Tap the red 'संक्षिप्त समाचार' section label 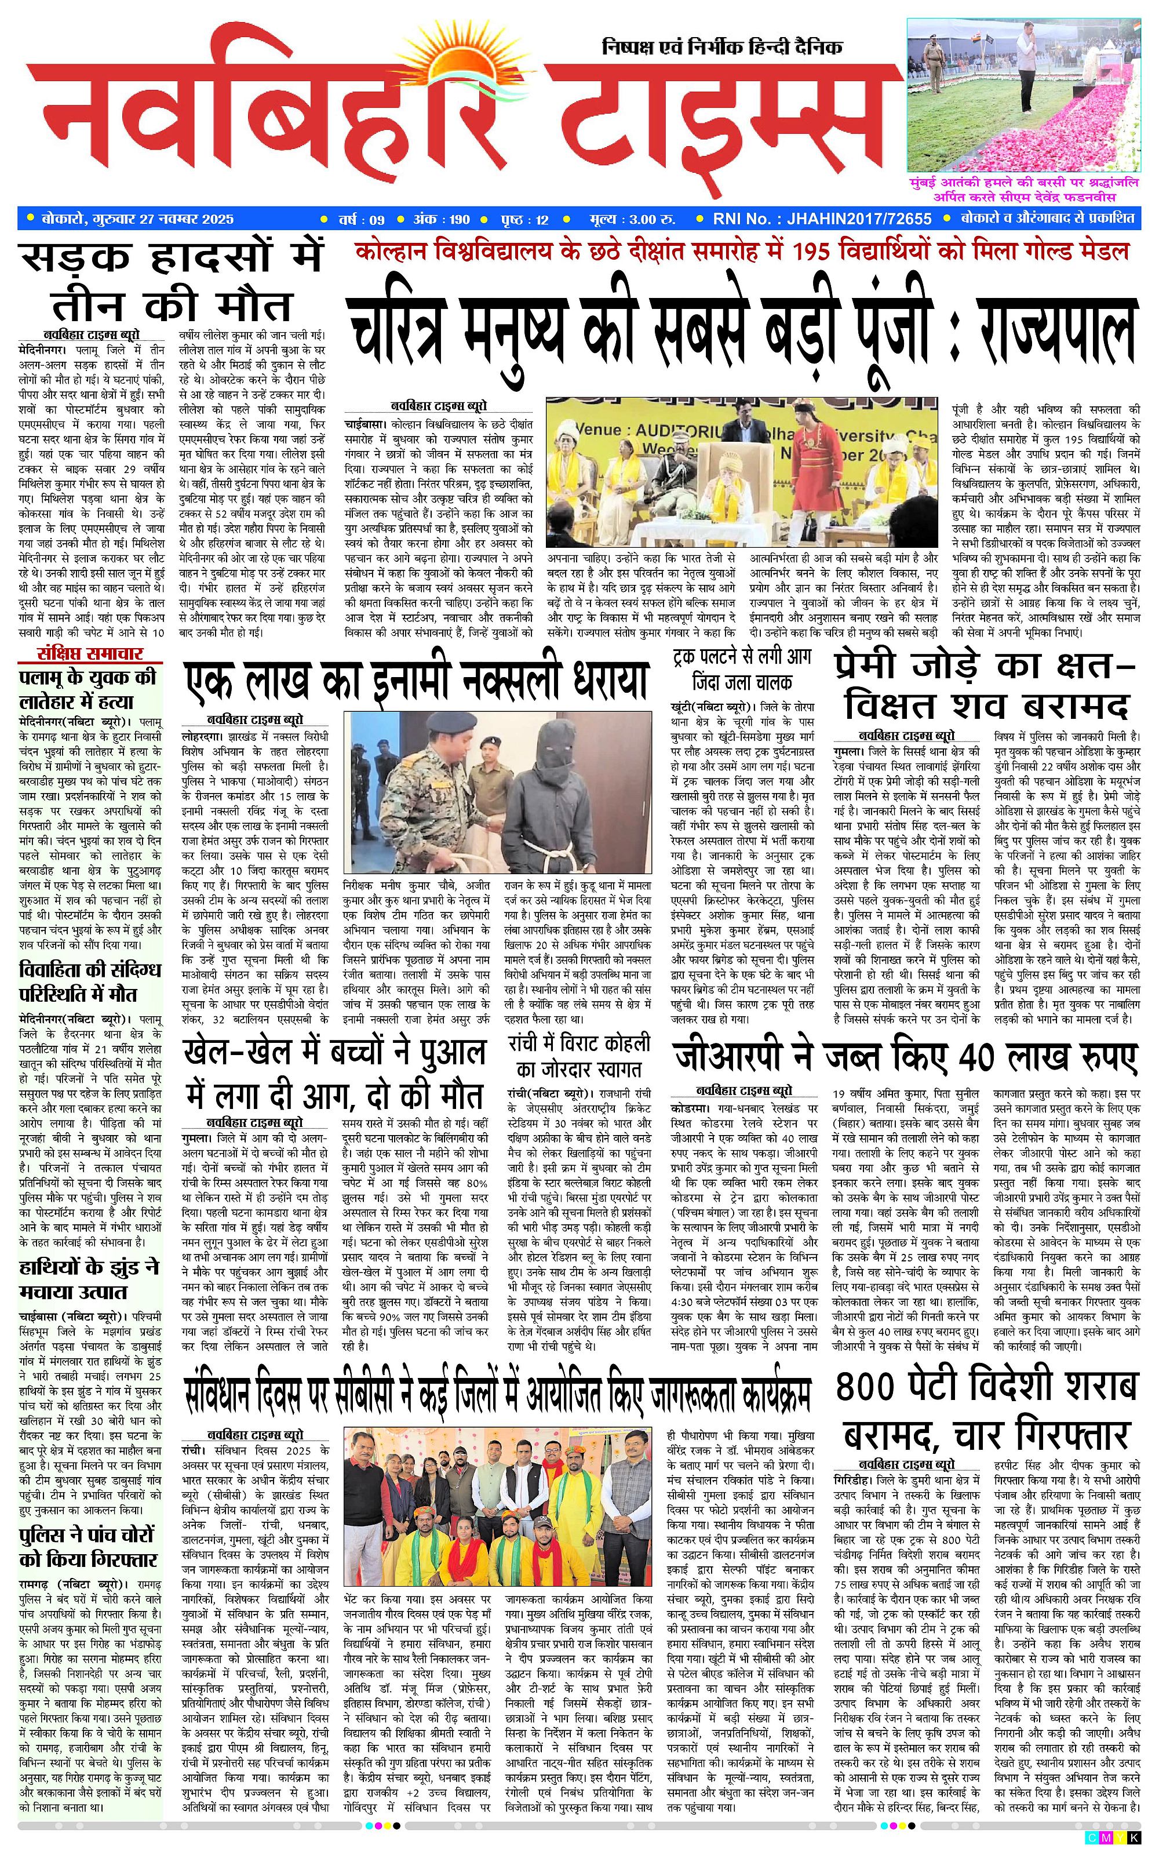coord(90,653)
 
